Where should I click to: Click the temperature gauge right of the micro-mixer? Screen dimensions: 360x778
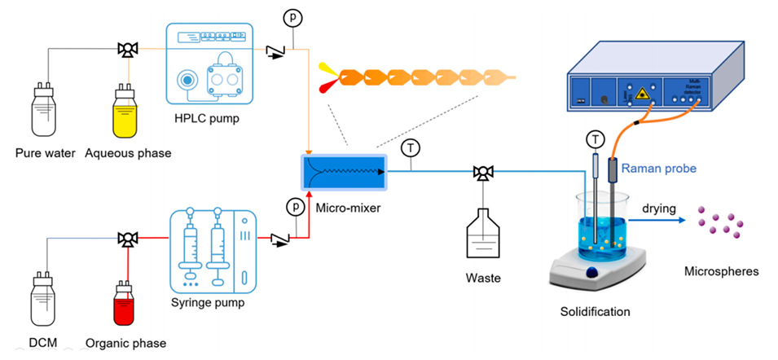[411, 147]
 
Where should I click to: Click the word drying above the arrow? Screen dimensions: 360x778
[658, 208]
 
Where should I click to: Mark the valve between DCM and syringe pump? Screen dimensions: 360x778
[126, 239]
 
